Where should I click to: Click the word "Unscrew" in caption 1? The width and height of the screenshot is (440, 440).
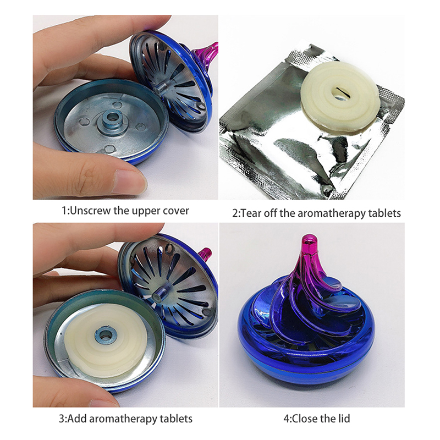[x=91, y=211]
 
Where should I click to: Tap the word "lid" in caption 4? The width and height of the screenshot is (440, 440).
[x=344, y=419]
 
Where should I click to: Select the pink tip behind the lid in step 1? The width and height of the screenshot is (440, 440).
[x=211, y=51]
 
